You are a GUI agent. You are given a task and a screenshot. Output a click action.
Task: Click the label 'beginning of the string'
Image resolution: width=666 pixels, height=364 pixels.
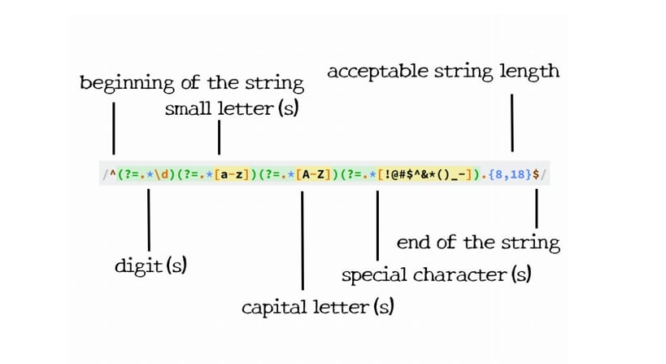click(191, 83)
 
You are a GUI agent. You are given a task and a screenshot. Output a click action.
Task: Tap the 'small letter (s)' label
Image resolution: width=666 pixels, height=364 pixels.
click(231, 109)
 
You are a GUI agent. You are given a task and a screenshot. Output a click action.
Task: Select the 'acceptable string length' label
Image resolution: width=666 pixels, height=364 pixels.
click(443, 71)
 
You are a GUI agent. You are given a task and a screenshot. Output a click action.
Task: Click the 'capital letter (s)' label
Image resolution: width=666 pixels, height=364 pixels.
click(318, 308)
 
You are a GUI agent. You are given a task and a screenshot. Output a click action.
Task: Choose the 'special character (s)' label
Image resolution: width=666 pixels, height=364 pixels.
click(436, 274)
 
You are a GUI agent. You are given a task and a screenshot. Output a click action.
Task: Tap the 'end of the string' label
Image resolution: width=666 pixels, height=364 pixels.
click(478, 243)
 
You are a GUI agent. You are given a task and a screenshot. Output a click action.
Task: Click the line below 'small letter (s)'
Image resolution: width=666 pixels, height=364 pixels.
click(219, 137)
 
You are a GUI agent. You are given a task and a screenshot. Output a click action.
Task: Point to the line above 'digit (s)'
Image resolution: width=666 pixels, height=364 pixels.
click(147, 220)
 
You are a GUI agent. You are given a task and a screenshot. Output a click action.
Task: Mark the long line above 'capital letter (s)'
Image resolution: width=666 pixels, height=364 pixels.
click(303, 240)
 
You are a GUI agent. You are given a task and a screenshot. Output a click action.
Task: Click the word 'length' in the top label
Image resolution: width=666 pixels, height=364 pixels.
click(529, 71)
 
